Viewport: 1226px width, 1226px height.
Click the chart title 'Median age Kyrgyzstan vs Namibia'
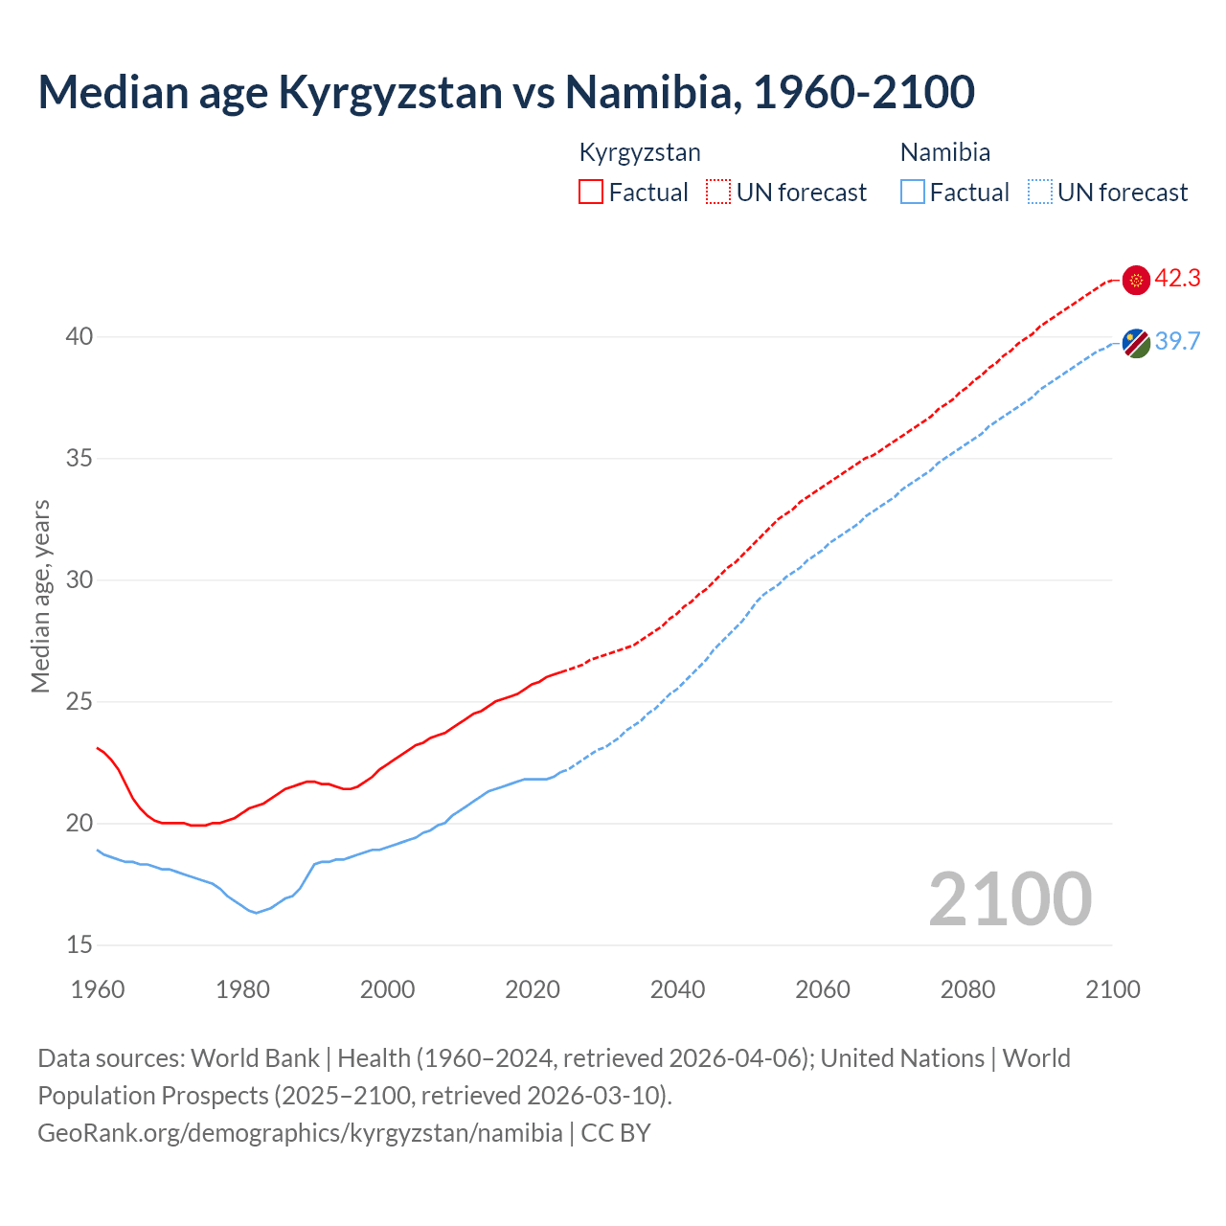click(x=506, y=92)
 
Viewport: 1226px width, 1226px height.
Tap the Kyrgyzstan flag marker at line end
click(x=1136, y=280)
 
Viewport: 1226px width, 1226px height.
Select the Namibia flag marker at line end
click(x=1136, y=343)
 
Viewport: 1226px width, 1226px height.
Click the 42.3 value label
click(x=1177, y=279)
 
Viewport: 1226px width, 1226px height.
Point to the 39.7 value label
click(x=1177, y=342)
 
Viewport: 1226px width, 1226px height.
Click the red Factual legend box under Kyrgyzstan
click(x=591, y=193)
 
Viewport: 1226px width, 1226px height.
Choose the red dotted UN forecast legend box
click(x=718, y=193)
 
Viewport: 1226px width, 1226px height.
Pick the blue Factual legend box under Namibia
click(x=913, y=193)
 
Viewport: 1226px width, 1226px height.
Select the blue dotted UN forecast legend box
click(x=1040, y=193)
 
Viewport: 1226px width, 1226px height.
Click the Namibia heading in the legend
click(x=944, y=152)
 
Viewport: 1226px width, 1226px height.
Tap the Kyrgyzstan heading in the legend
click(x=640, y=152)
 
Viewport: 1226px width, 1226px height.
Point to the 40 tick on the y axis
click(x=79, y=337)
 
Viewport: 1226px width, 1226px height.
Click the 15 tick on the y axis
click(x=79, y=945)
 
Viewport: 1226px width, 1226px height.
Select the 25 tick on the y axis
click(x=79, y=702)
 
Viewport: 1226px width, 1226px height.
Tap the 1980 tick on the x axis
click(x=242, y=989)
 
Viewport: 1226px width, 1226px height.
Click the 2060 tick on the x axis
click(x=823, y=989)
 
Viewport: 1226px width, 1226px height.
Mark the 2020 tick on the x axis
click(x=533, y=989)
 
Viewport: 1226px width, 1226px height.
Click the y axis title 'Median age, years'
click(x=40, y=596)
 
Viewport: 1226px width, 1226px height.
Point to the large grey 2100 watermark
click(x=1010, y=898)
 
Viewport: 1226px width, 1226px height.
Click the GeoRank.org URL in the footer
click(x=300, y=1133)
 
